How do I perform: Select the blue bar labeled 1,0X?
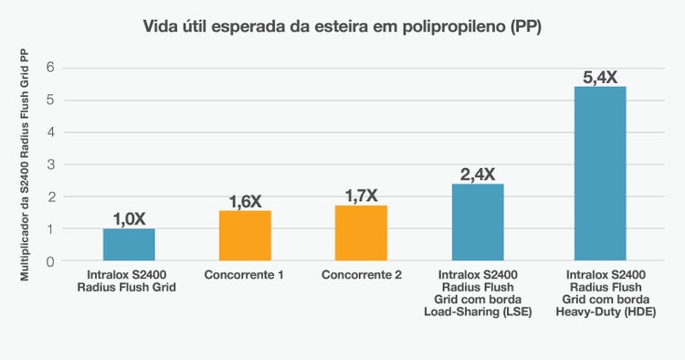point(129,245)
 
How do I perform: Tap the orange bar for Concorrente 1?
point(245,236)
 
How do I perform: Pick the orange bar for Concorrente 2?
point(361,234)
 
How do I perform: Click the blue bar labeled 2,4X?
point(478,223)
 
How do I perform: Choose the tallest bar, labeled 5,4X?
point(599,174)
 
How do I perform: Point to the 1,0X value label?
point(129,218)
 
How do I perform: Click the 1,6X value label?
point(245,201)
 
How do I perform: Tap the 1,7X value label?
point(361,196)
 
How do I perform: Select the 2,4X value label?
point(478,174)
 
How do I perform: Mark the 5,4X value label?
point(599,77)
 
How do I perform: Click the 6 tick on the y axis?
point(51,68)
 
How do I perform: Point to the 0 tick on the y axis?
point(51,262)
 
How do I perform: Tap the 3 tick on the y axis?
point(51,165)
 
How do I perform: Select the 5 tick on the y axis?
point(51,101)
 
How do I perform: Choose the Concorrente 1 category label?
point(245,275)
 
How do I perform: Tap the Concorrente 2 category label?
point(361,275)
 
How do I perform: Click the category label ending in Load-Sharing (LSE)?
point(478,293)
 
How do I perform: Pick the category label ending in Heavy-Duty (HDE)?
point(599,293)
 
